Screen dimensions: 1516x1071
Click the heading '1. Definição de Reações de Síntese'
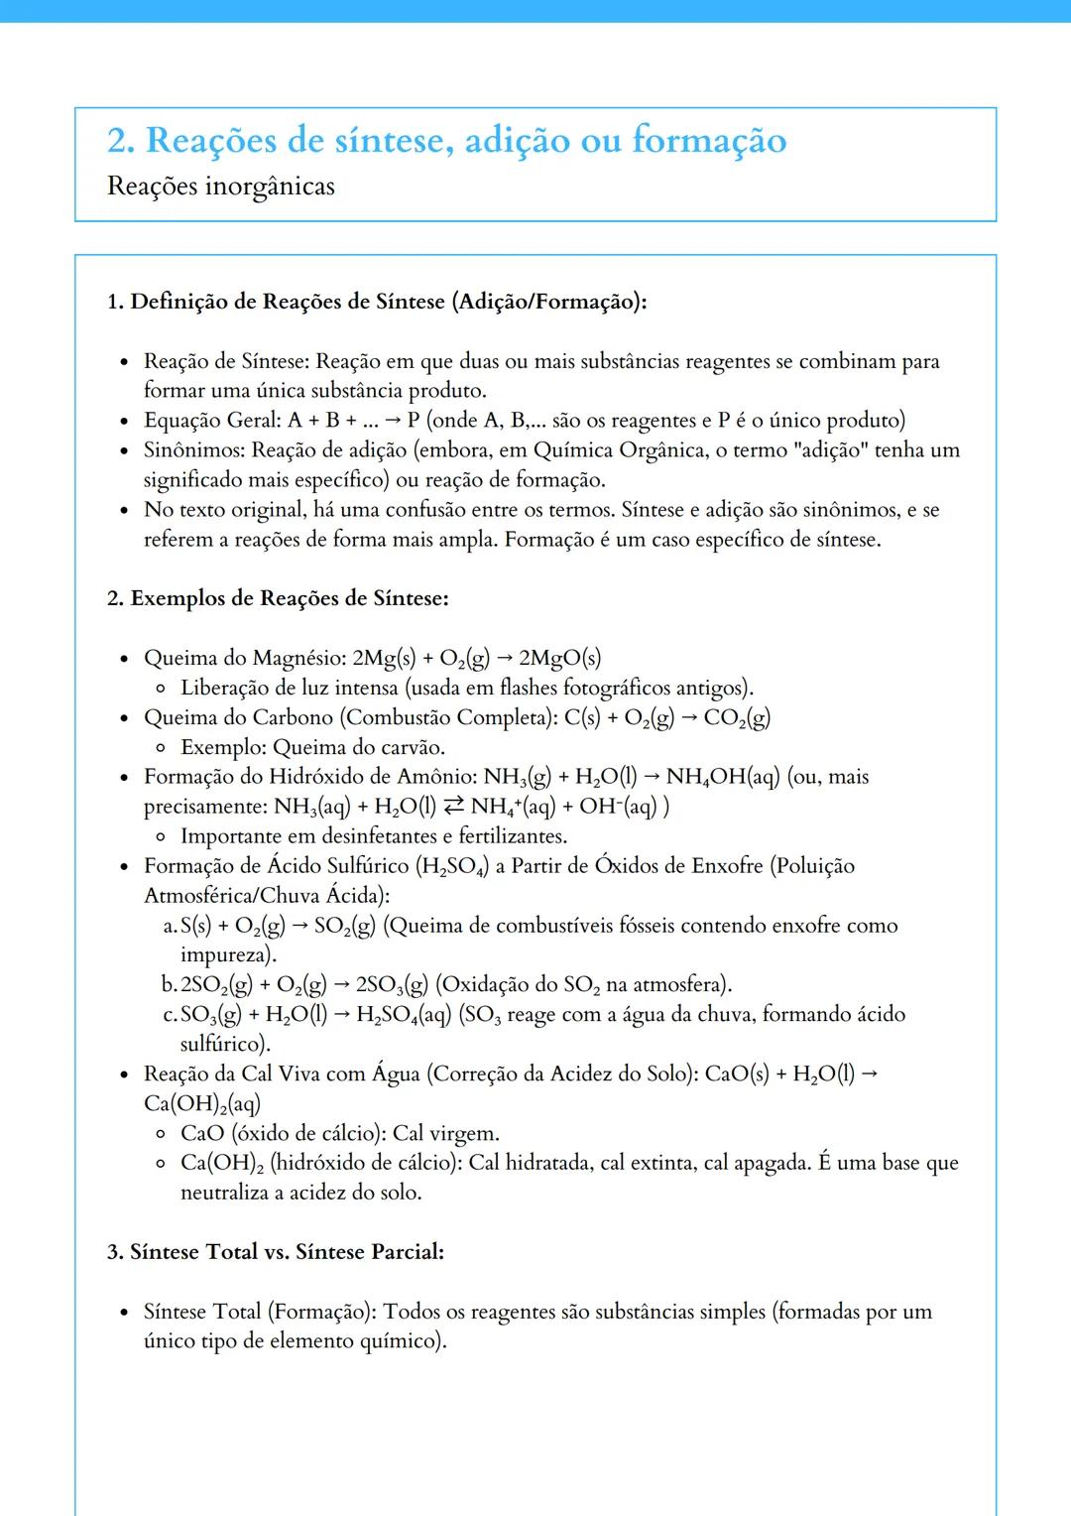coord(377,302)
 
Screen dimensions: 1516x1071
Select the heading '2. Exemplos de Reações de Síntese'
coord(278,598)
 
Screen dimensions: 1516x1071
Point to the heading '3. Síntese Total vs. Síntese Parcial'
coord(276,1252)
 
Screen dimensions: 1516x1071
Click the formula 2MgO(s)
coord(560,659)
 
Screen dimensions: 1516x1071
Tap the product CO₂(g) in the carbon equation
coord(737,718)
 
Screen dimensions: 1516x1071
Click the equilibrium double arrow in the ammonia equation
coord(454,807)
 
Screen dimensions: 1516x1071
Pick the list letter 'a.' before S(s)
coord(170,927)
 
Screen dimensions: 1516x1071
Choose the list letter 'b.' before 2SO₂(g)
coord(169,985)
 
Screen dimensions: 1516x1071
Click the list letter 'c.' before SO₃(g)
coord(170,1015)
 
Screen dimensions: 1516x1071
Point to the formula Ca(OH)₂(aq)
coord(202,1104)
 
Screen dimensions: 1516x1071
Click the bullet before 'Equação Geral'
coord(124,422)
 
